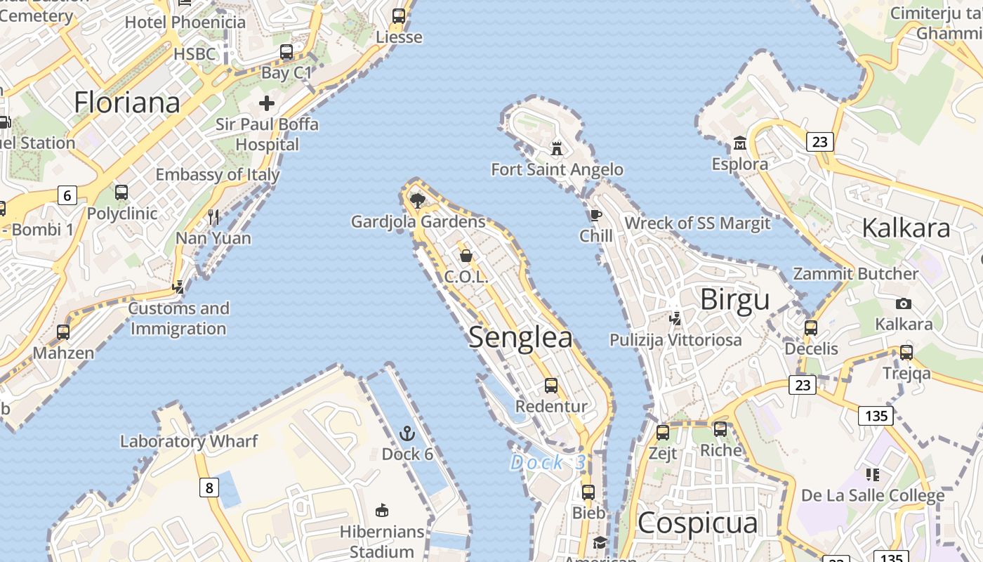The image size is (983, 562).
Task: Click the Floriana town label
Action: coord(127,103)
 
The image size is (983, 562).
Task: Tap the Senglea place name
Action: coord(520,337)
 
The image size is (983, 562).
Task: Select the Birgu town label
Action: coord(735,300)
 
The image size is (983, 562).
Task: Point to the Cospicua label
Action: coord(698,523)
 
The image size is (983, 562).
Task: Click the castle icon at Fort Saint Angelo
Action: coord(557,149)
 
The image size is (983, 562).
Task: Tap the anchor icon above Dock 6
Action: coord(407,433)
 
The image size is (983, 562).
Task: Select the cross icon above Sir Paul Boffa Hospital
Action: coord(267,104)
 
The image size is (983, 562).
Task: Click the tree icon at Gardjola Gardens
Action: coord(418,201)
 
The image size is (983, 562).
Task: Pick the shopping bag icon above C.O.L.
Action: coord(466,256)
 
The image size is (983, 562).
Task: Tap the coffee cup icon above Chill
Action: coord(595,215)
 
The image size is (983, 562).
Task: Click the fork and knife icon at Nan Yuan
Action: coord(213,216)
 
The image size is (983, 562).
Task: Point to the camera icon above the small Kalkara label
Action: coord(904,303)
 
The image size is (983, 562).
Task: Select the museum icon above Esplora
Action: coord(739,143)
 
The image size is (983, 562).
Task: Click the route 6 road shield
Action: coord(67,195)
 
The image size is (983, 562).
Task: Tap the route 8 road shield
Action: coord(209,487)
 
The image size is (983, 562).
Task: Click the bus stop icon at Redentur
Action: coord(551,385)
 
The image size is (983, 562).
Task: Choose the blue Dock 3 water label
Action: coord(548,462)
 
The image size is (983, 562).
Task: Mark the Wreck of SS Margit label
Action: coord(697,223)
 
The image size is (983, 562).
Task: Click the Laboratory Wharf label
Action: coord(189,441)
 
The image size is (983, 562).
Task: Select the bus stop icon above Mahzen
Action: coord(63,332)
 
